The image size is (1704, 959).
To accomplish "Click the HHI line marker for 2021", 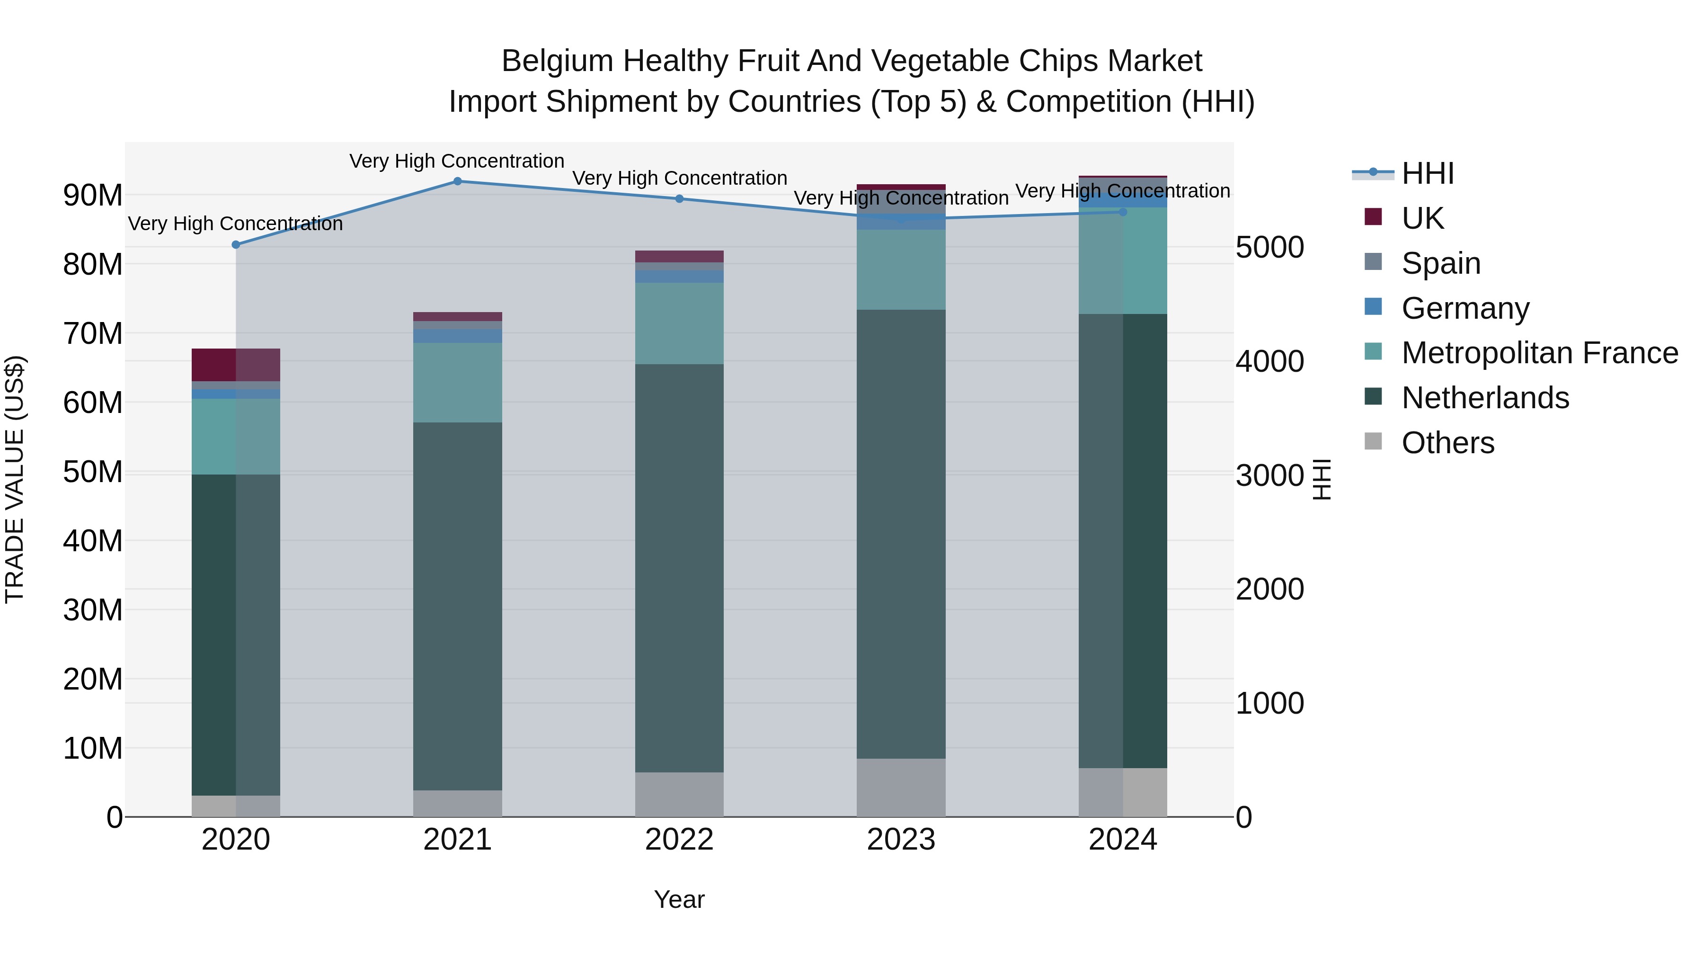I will click(457, 181).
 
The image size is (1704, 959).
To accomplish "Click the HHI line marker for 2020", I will click(236, 245).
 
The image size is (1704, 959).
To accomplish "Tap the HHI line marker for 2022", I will click(679, 198).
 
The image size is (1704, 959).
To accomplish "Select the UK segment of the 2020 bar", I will click(236, 365).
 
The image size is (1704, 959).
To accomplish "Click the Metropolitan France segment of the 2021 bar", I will click(457, 383).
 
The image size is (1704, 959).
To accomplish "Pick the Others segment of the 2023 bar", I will click(901, 788).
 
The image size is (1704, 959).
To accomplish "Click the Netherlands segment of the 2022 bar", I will click(679, 568).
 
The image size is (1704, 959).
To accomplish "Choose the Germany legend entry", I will click(1465, 308).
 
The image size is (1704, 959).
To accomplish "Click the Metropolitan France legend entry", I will click(1539, 353).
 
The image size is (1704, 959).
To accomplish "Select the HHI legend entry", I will click(1428, 173).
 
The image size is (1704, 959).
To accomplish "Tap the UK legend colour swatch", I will click(1373, 217).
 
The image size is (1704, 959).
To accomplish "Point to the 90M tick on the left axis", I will click(93, 195).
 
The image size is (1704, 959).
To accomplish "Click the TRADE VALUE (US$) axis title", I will click(15, 479).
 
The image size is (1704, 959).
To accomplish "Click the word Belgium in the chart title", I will click(558, 62).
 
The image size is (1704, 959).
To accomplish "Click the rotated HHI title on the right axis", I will click(1321, 479).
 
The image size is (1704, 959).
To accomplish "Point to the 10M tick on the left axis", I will click(93, 749).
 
